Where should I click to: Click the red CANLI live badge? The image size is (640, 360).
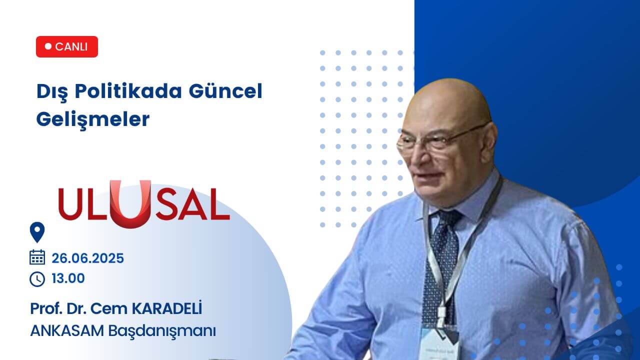67,46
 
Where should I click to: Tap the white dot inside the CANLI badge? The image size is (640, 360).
48,46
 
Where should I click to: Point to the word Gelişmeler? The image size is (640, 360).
93,119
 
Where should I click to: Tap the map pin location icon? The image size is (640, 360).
37,232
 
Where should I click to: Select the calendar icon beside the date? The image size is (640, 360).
37,257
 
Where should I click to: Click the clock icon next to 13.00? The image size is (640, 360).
37,279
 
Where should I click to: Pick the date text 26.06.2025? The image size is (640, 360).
87,258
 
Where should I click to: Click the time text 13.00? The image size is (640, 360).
68,278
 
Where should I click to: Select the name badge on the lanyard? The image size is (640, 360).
440,342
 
